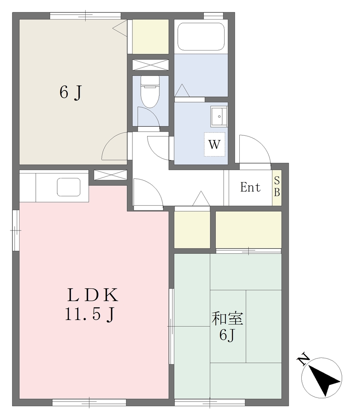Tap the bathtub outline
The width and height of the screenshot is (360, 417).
[x=201, y=36]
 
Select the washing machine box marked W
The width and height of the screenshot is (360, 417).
[x=214, y=145]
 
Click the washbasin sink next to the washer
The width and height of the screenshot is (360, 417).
[x=219, y=116]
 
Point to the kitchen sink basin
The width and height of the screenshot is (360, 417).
[x=69, y=187]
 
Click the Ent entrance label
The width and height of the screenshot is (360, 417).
[x=250, y=187]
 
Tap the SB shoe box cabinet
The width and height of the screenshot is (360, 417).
[x=277, y=187]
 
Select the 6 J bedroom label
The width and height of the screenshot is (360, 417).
[x=71, y=92]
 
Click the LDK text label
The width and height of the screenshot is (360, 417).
[x=93, y=295]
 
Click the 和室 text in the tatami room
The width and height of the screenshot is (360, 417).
[x=227, y=318]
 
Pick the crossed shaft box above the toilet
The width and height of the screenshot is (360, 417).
[x=151, y=65]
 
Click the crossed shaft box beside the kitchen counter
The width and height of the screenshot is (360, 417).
[x=110, y=175]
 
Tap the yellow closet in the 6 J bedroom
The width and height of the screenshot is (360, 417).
[x=150, y=37]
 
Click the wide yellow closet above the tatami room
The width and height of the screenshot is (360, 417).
[x=248, y=230]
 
